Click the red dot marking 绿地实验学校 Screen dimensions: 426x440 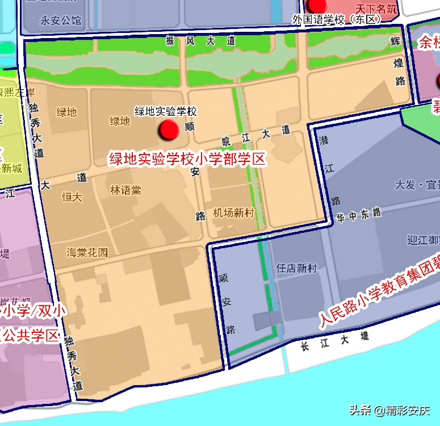click(x=169, y=130)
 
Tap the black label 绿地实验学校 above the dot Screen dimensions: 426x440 click(x=165, y=111)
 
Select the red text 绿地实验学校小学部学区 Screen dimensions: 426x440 click(x=187, y=159)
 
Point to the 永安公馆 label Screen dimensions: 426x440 click(x=61, y=21)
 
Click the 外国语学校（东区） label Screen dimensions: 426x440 click(x=336, y=19)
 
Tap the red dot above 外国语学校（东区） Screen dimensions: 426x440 click(x=317, y=5)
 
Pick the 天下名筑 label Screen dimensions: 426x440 click(x=374, y=9)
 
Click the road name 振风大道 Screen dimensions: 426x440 click(x=200, y=41)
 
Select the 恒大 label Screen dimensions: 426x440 click(x=72, y=197)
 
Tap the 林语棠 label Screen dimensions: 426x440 click(x=125, y=190)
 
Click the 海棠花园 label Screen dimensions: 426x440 click(x=87, y=252)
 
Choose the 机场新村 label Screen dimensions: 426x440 click(x=233, y=212)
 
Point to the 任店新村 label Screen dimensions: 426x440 click(x=296, y=268)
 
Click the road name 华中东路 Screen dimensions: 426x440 click(x=358, y=215)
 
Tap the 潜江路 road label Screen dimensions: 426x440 click(x=329, y=170)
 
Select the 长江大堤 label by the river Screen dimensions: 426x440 click(x=335, y=341)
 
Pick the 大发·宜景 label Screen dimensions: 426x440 click(x=417, y=185)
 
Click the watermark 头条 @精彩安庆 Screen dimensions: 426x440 click(x=389, y=410)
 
